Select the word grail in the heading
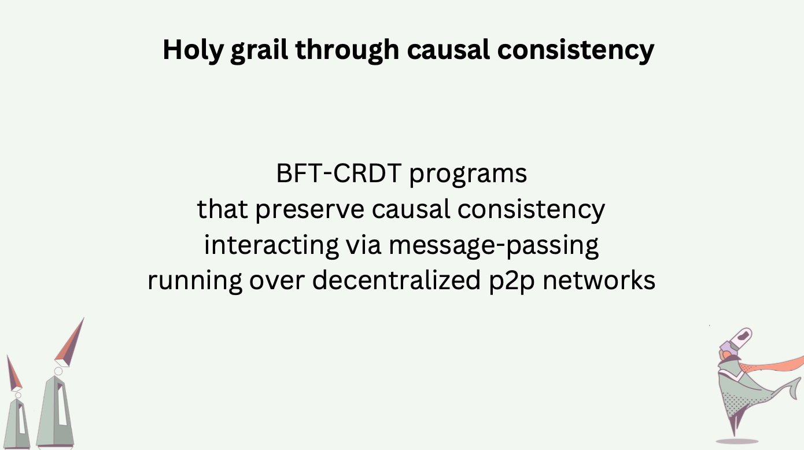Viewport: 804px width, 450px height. tap(259, 50)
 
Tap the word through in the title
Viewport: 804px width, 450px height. tap(347, 50)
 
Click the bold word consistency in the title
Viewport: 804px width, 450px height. tap(576, 50)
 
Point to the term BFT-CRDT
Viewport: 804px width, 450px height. tap(339, 174)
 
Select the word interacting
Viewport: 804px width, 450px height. tap(271, 245)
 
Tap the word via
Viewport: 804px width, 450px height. tap(363, 245)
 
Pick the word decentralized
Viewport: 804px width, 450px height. tap(396, 281)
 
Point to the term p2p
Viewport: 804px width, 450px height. tap(512, 282)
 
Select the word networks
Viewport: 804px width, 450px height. tap(599, 281)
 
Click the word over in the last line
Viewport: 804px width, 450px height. tap(277, 282)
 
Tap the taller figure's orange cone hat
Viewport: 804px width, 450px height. tap(69, 342)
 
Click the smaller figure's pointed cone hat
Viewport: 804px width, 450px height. tap(14, 373)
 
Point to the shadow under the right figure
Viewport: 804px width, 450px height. tap(737, 441)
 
